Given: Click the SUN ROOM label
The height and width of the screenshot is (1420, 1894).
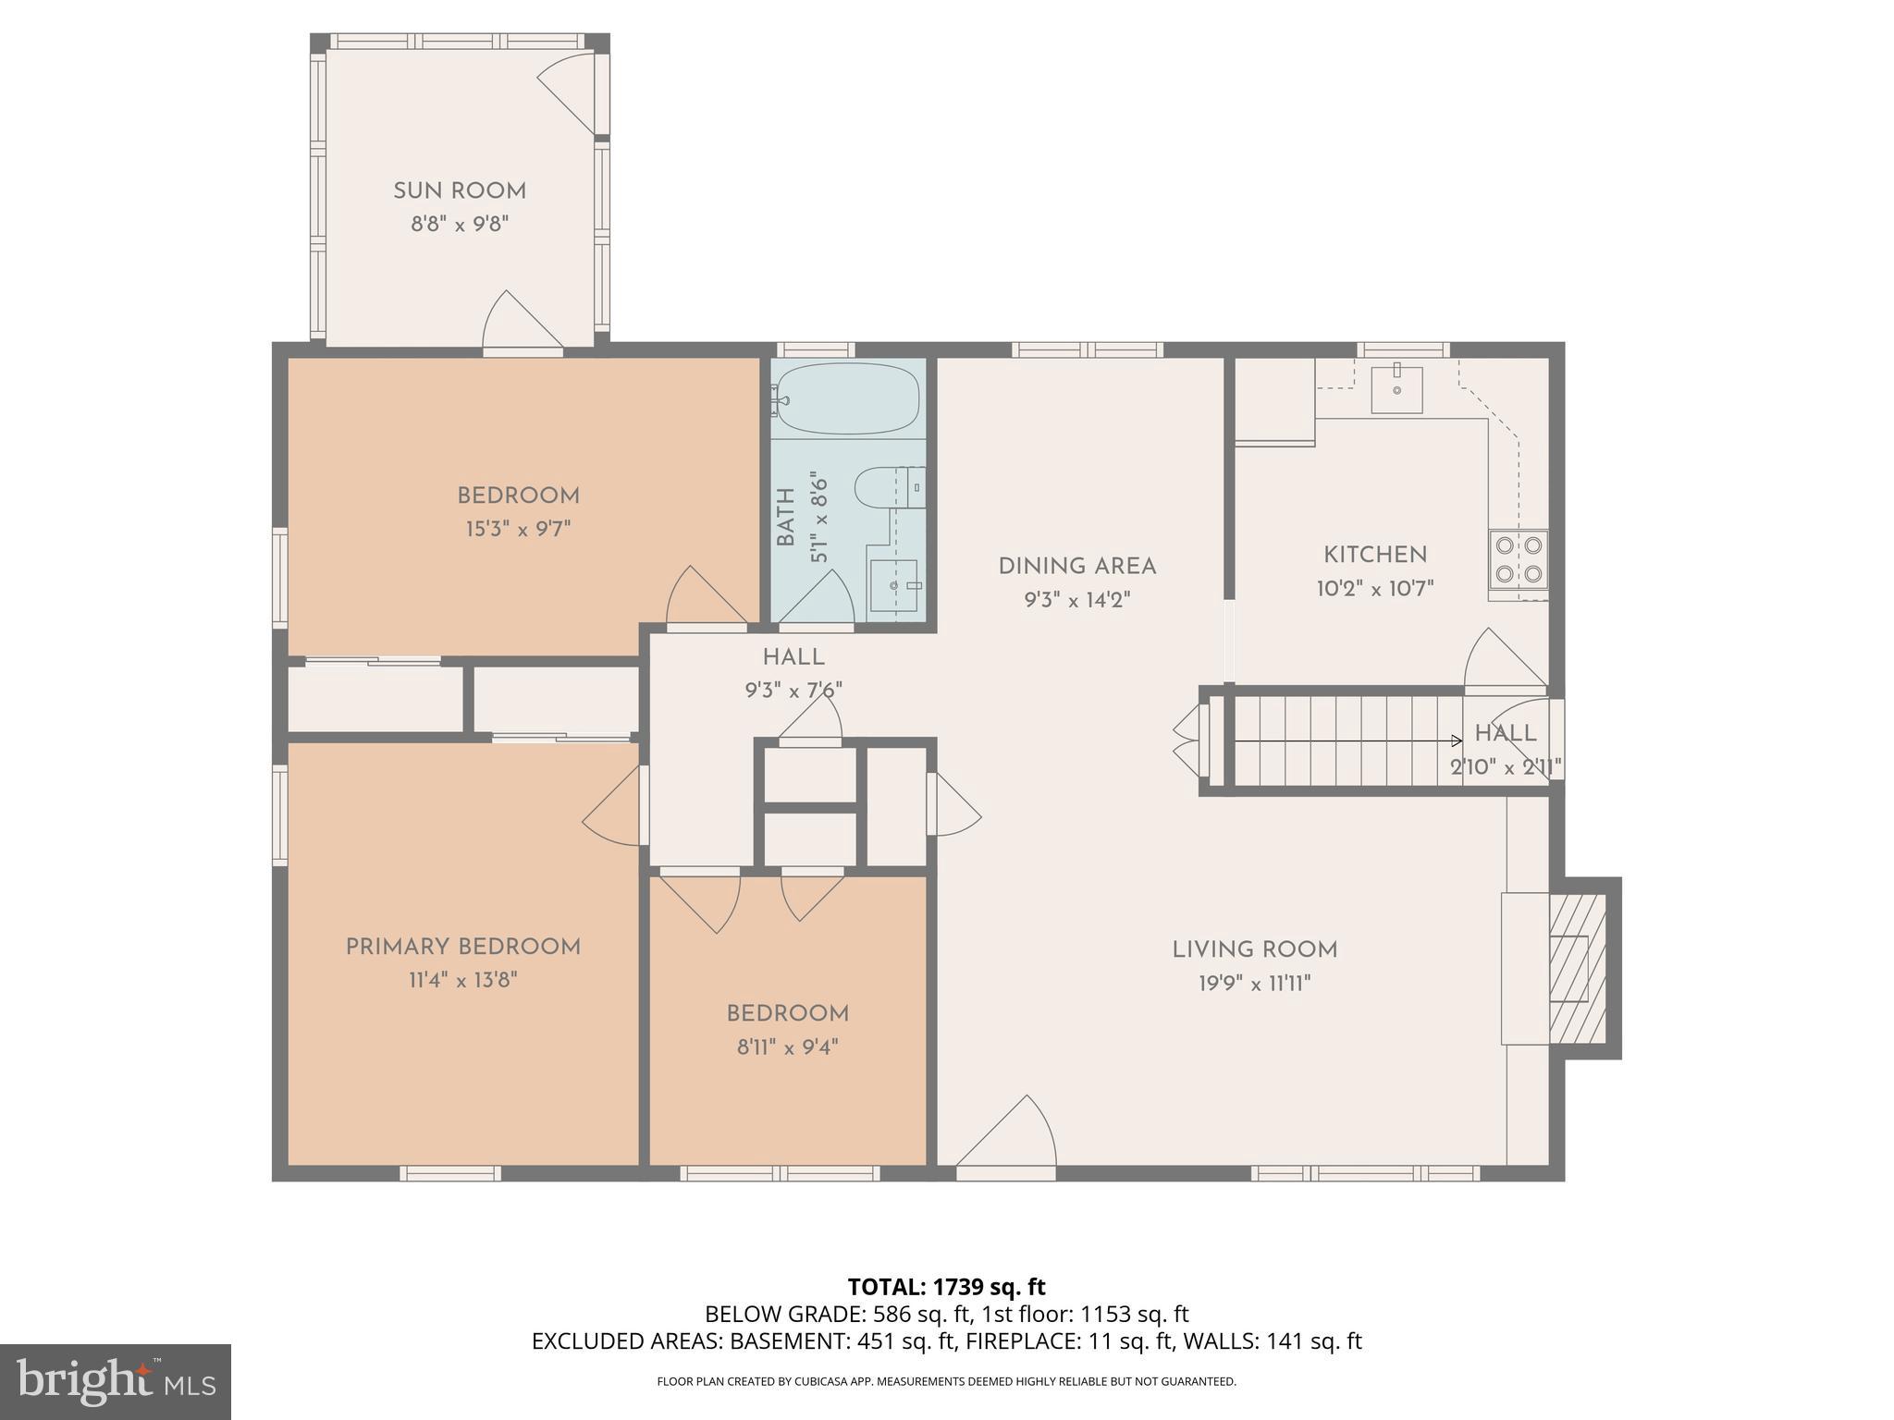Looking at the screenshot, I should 460,191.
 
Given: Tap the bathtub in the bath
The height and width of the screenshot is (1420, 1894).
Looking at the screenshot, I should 848,399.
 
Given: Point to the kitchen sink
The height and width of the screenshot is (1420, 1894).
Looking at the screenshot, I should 1396,389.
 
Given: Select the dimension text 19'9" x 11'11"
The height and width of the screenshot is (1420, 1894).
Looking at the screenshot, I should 1255,984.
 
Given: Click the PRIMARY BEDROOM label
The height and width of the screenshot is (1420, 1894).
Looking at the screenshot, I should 463,947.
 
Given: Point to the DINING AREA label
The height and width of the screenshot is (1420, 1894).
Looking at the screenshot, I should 1077,566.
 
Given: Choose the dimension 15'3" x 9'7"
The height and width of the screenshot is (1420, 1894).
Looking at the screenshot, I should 518,530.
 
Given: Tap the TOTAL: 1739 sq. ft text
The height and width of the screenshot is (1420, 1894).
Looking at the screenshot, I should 946,1287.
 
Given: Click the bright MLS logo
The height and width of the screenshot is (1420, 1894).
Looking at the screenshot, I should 116,1381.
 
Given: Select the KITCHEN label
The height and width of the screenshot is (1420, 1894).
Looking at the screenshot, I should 1375,555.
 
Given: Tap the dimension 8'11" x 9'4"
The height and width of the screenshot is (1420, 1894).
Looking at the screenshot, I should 787,1047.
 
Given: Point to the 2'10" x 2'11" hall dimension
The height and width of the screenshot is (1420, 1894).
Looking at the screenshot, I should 1505,767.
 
